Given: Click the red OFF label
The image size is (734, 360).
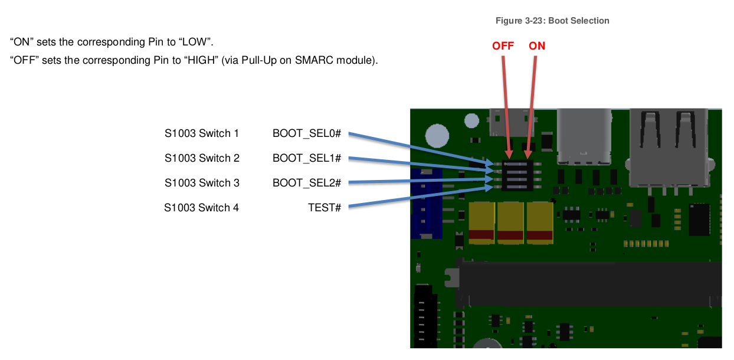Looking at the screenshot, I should point(503,45).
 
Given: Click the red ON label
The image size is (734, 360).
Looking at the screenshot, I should point(537,45).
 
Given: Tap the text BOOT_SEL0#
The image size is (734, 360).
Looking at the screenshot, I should point(307,134).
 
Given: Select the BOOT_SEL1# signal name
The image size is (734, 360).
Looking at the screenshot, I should point(307,158).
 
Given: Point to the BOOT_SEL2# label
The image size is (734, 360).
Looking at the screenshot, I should point(307,183).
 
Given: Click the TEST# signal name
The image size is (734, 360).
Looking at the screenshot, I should point(325,208).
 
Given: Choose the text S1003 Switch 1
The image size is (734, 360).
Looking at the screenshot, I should point(202,134).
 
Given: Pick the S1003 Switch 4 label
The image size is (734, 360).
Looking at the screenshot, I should point(202,208).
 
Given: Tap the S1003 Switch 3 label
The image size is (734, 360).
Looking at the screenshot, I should point(202,183).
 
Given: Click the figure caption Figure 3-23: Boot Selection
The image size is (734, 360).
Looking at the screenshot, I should point(552,21).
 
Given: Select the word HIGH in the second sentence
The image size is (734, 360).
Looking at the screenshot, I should point(199,60).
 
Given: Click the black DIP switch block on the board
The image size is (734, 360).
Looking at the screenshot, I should point(517,175).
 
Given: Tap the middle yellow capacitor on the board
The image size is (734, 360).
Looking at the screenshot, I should point(510,222).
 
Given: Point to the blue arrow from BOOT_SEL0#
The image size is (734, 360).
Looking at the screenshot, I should point(419,148).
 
